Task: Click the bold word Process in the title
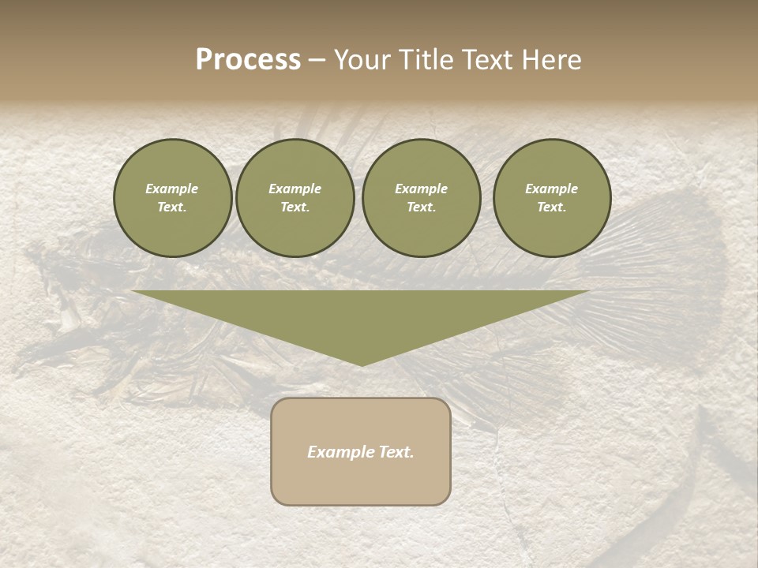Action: click(248, 60)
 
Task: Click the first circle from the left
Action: click(172, 198)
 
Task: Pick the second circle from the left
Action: click(295, 198)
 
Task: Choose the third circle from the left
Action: click(421, 198)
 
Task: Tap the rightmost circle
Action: click(551, 198)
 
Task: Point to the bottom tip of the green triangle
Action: click(361, 364)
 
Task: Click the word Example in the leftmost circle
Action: click(172, 189)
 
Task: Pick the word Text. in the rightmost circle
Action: click(551, 207)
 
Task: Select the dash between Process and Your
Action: click(317, 60)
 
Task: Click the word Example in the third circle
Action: click(421, 189)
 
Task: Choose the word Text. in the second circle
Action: click(295, 207)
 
